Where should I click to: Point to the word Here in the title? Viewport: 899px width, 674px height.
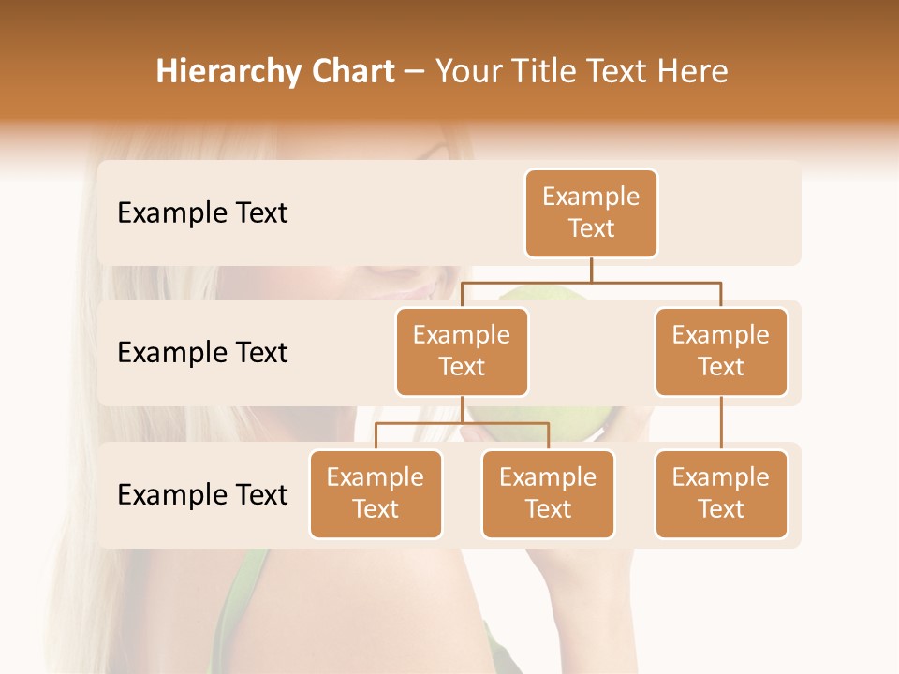(x=693, y=72)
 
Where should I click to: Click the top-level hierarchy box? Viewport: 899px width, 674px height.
(x=591, y=213)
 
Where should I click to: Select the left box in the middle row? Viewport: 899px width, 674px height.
(x=462, y=352)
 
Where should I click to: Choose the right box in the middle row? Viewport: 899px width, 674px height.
(x=721, y=352)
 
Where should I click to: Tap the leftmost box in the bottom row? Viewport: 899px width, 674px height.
(x=376, y=494)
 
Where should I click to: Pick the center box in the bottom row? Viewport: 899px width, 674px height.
(x=548, y=494)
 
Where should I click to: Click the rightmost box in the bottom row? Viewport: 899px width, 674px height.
(x=721, y=494)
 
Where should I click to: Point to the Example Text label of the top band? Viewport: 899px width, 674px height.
(x=202, y=213)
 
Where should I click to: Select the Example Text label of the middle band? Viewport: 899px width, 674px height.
(x=202, y=353)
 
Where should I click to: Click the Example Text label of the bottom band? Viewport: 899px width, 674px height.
(x=202, y=494)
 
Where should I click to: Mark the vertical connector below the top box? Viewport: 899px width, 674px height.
(x=591, y=270)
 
